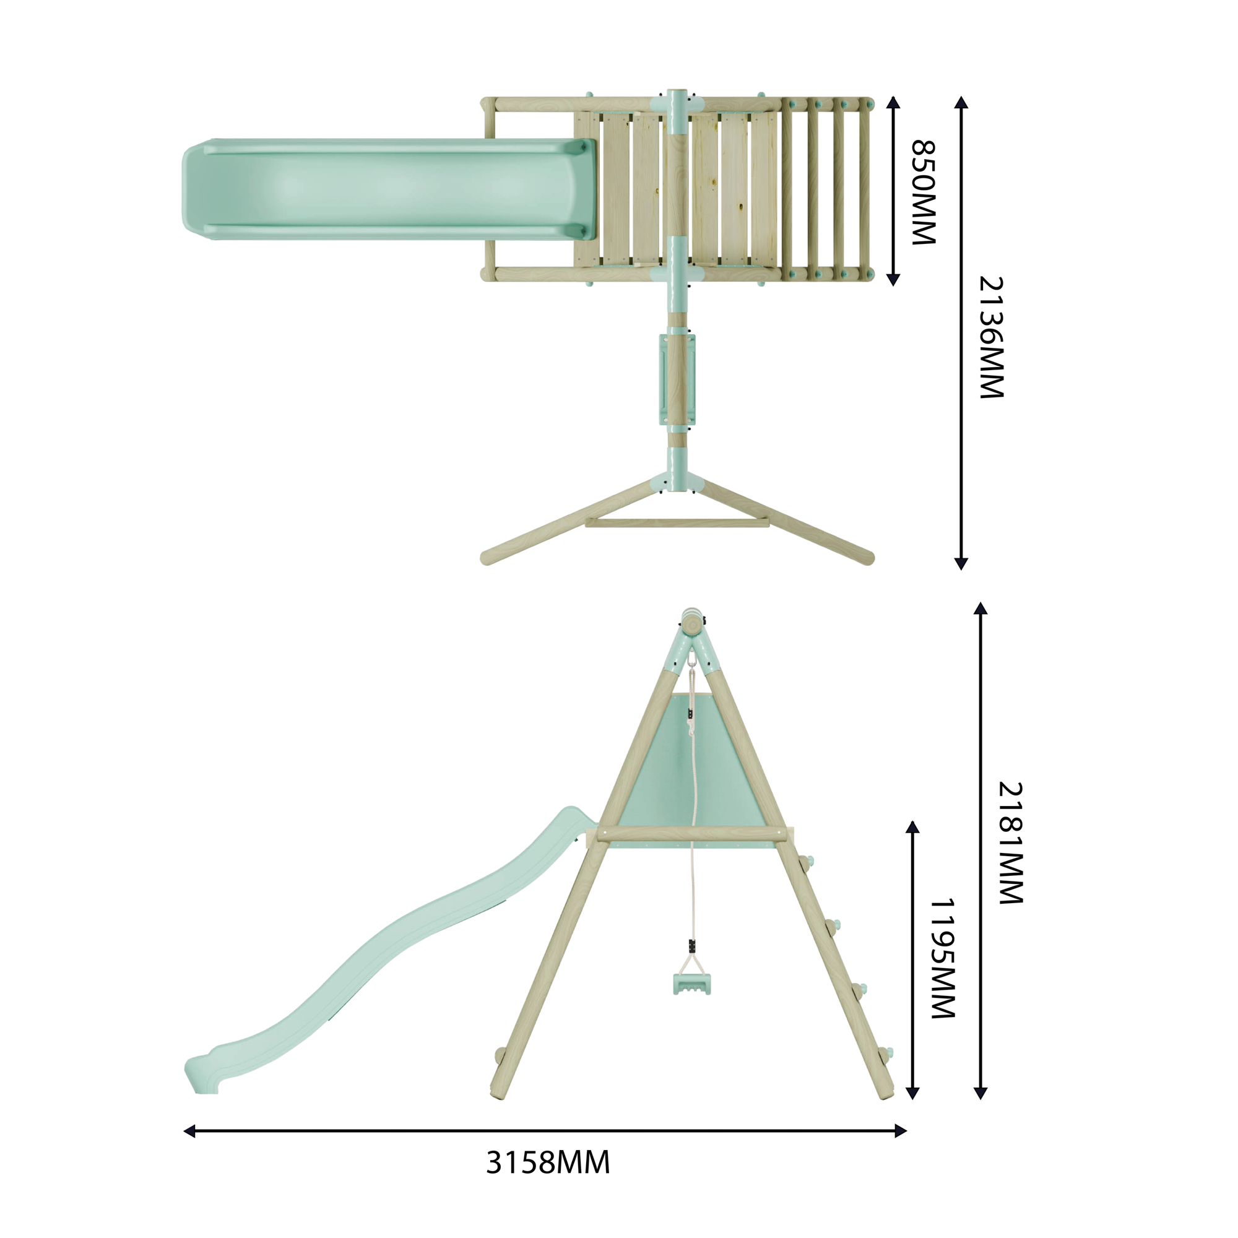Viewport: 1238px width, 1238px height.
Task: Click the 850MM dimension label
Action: pyautogui.click(x=924, y=193)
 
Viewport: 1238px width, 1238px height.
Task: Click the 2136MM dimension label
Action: pyautogui.click(x=992, y=338)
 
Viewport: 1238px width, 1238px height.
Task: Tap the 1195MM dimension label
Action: pyautogui.click(x=943, y=958)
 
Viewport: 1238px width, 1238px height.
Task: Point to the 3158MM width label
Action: pyautogui.click(x=548, y=1162)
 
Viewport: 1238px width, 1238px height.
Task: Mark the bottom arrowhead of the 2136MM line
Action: pyautogui.click(x=961, y=563)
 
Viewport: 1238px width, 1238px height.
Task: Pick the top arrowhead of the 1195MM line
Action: pyautogui.click(x=912, y=827)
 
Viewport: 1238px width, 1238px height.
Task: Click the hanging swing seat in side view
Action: pyautogui.click(x=692, y=984)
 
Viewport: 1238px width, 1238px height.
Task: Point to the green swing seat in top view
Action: pyautogui.click(x=677, y=379)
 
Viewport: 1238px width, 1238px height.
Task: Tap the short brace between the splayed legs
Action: pyautogui.click(x=677, y=524)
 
